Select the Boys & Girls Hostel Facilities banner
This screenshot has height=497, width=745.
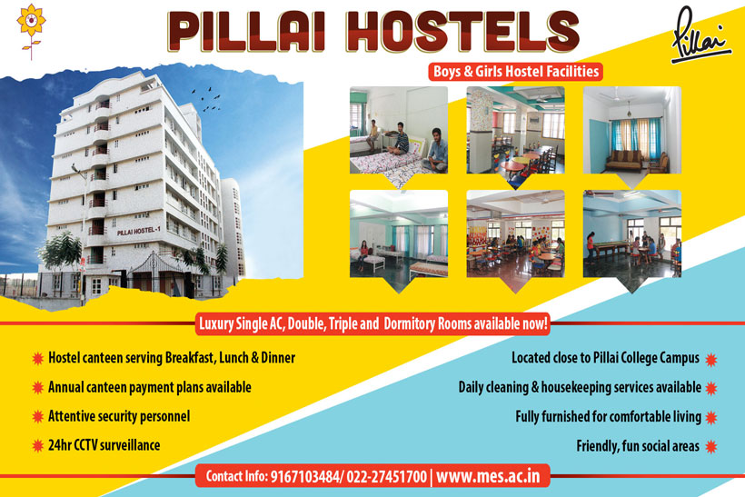516,71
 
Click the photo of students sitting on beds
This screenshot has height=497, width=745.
398,130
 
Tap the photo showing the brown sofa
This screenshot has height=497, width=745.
631,130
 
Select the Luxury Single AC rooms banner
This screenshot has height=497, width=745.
372,322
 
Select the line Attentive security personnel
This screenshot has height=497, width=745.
119,416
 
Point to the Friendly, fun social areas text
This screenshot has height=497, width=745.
638,446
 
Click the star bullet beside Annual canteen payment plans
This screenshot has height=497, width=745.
37,387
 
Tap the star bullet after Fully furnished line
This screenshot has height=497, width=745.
711,417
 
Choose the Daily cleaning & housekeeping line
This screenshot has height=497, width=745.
580,387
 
